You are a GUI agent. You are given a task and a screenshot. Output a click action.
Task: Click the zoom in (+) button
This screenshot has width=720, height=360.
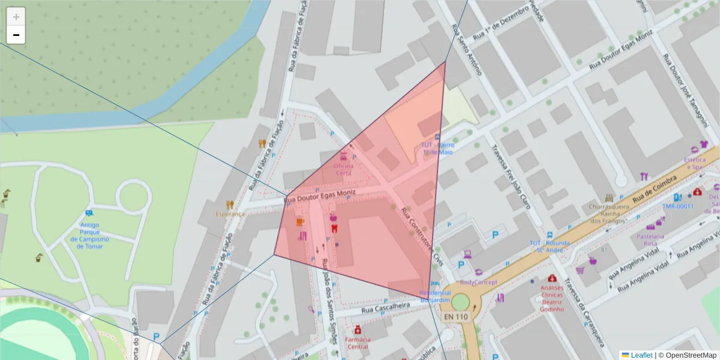click(x=16, y=17)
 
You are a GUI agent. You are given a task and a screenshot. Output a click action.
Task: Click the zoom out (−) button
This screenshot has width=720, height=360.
click(x=16, y=35)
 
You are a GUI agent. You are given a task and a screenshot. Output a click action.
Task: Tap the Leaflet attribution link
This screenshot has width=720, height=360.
click(x=640, y=355)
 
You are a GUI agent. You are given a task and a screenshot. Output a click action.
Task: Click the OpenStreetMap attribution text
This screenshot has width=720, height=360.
click(x=687, y=355)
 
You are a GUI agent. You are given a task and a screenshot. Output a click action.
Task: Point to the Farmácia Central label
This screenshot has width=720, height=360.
click(x=358, y=343)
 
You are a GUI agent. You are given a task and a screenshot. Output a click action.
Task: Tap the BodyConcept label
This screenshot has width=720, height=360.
click(x=478, y=282)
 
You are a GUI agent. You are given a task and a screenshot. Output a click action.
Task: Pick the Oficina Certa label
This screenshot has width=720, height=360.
click(x=343, y=169)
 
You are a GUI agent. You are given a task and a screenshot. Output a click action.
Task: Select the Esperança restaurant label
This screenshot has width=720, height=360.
click(x=230, y=214)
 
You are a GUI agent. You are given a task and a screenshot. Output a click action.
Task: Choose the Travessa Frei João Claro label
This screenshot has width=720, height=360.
click(x=512, y=177)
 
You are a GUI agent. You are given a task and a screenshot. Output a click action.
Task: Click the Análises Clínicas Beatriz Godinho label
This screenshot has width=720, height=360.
click(x=553, y=298)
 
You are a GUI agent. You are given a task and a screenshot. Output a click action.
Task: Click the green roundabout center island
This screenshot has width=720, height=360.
click(x=461, y=301)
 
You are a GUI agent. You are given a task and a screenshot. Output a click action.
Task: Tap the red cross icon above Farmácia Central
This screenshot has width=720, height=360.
click(x=358, y=330)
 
